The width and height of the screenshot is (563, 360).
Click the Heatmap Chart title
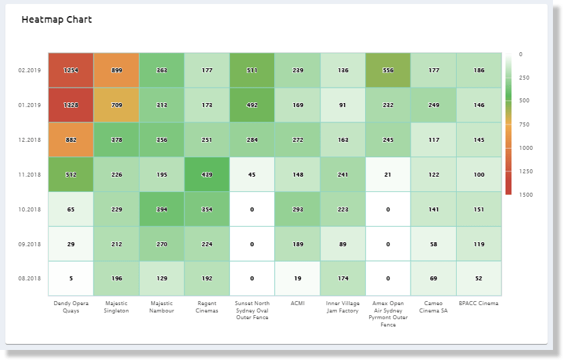tap(56, 19)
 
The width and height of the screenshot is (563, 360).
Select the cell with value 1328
tap(71, 104)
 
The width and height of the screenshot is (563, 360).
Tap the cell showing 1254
tap(71, 70)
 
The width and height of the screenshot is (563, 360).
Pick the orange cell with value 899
tap(116, 70)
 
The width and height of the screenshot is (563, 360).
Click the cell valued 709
tap(116, 104)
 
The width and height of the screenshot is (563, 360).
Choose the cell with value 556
tap(388, 70)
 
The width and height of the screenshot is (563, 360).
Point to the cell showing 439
tap(207, 175)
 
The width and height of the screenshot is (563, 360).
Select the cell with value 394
tap(162, 209)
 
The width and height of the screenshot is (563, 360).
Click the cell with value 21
tap(388, 175)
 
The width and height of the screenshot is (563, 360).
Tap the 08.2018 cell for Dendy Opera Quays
tap(71, 278)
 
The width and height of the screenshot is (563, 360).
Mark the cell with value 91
tap(343, 104)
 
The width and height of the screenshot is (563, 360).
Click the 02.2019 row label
tap(30, 70)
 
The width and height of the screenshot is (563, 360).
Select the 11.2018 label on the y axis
tap(30, 175)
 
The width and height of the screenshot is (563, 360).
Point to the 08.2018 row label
tap(30, 278)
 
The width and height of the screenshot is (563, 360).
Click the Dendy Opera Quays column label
tap(71, 306)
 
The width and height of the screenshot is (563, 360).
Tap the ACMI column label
tap(298, 303)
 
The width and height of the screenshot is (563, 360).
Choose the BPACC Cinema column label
tap(479, 303)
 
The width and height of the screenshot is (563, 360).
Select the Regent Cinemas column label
tap(207, 306)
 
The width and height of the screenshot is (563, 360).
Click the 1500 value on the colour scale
tap(525, 194)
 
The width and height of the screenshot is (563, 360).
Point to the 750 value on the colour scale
tap(524, 124)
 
